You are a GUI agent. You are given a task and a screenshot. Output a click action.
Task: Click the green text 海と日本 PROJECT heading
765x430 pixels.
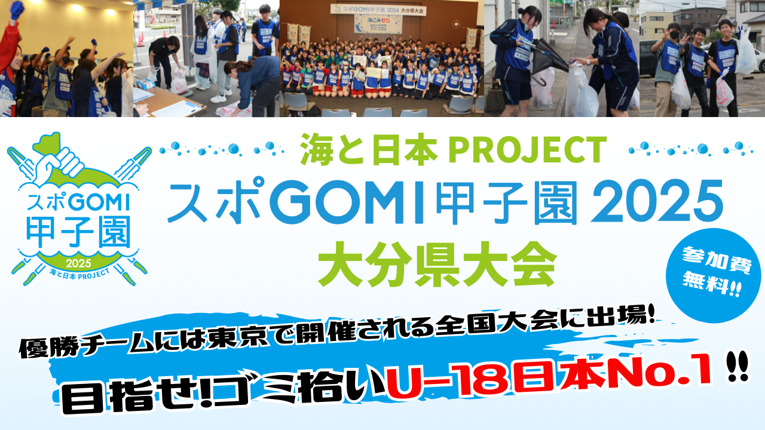[x=453, y=149]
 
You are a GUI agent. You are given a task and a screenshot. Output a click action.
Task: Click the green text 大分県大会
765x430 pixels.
[x=437, y=265]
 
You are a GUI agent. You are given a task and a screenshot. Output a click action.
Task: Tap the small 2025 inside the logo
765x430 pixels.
[x=78, y=263]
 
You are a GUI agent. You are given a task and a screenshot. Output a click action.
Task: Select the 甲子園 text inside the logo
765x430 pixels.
[x=78, y=232]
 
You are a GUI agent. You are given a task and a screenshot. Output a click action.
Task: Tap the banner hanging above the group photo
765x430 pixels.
[x=378, y=10]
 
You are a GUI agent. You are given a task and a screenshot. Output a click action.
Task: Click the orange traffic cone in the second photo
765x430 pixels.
[x=140, y=40]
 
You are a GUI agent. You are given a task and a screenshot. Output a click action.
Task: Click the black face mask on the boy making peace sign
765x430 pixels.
[x=674, y=35]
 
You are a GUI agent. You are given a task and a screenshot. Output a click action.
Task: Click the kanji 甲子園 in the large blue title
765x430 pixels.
[x=507, y=202]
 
